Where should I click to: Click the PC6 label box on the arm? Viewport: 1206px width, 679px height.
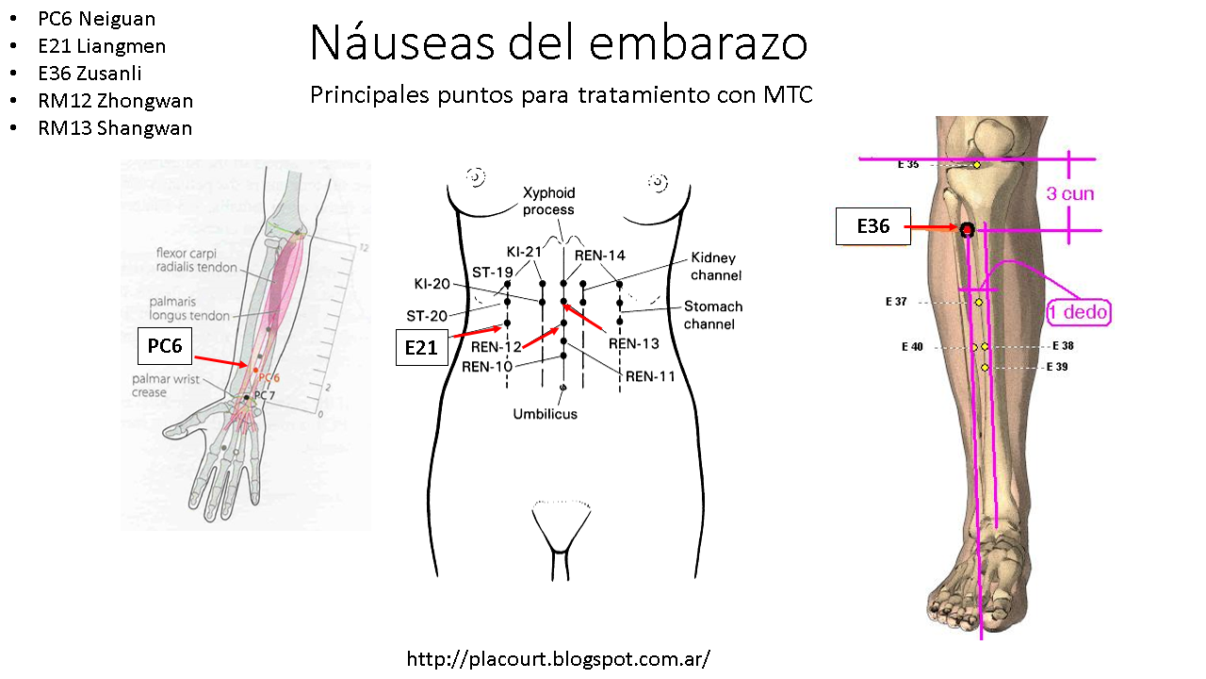[165, 346]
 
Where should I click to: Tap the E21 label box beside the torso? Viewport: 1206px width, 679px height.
[421, 348]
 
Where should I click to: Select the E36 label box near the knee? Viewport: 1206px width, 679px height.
[873, 226]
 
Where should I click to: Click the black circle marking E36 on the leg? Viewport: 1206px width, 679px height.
[967, 229]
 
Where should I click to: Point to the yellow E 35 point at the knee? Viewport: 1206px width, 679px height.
[977, 165]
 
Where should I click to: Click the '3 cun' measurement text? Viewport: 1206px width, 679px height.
[1070, 194]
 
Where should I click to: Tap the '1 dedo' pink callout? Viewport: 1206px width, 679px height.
[1079, 312]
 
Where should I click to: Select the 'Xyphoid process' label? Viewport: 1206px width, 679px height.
[548, 201]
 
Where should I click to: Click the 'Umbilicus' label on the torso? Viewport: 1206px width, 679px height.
[545, 413]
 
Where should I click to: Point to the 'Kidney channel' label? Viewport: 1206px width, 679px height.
[716, 266]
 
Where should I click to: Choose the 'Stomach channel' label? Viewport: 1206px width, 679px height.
[713, 315]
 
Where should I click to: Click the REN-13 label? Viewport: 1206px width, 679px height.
[633, 344]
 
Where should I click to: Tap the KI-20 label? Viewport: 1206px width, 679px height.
[432, 283]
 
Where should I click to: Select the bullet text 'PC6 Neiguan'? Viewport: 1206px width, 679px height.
[97, 19]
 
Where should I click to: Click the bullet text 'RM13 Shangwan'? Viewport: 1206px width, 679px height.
[115, 128]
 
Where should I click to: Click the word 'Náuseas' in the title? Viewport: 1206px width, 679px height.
[403, 42]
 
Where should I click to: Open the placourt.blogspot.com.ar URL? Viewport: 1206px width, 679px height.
[558, 658]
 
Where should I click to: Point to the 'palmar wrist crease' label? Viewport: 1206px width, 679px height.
[150, 386]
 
